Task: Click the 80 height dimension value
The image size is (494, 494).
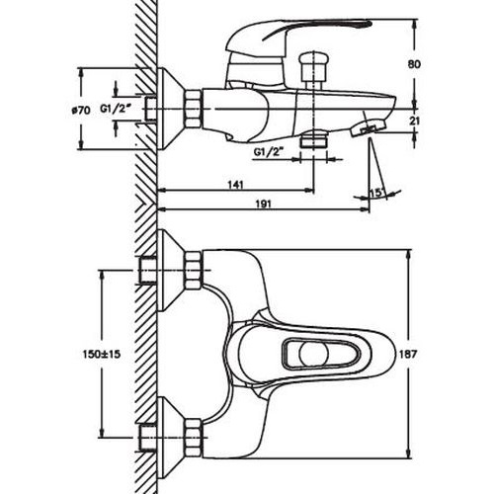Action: [414, 64]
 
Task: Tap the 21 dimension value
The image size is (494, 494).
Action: [415, 121]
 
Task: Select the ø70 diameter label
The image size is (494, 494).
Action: [81, 110]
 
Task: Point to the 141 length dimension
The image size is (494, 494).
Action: [236, 185]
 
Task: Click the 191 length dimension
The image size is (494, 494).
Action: [264, 204]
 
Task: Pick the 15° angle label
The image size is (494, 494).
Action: [377, 193]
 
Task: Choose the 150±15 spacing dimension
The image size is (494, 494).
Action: [102, 355]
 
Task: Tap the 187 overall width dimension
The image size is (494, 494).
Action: [408, 355]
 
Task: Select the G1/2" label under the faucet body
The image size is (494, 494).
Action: [269, 152]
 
